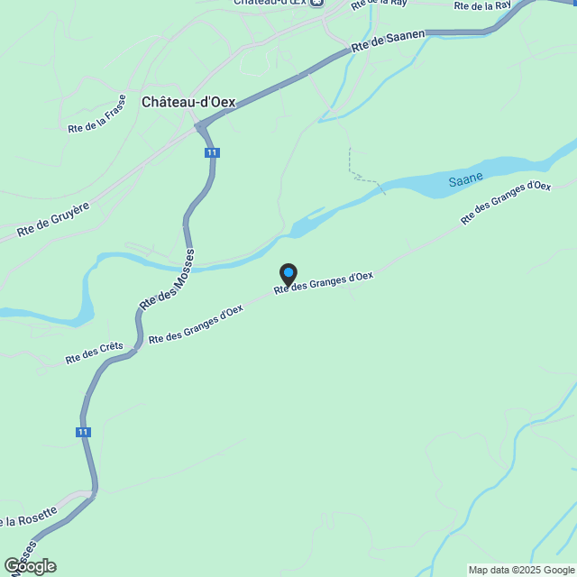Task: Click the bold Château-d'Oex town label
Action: (x=188, y=102)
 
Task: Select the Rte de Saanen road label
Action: (x=388, y=42)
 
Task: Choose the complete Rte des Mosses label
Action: (x=167, y=280)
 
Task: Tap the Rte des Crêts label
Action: (x=94, y=353)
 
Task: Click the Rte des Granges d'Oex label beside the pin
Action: (x=324, y=282)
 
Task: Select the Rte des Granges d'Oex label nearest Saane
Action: (x=505, y=202)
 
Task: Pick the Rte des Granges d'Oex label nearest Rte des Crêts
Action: (x=196, y=324)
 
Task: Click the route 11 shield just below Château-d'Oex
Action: (x=211, y=152)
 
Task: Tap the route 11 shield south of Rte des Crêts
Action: (x=84, y=433)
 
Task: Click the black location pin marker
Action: (x=288, y=273)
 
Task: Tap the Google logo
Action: (x=30, y=566)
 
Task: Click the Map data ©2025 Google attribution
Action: (x=521, y=570)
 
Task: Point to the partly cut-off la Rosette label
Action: (x=30, y=517)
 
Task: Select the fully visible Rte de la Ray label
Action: (x=484, y=5)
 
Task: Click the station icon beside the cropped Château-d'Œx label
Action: (x=316, y=3)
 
